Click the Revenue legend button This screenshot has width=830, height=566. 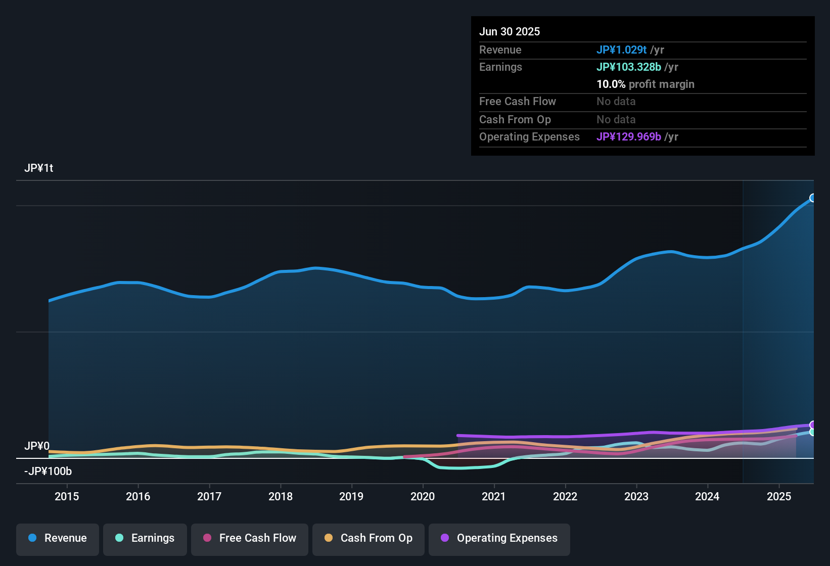58,538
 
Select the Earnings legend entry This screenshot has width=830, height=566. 145,538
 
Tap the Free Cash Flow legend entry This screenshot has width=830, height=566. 250,538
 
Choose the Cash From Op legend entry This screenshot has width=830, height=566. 368,538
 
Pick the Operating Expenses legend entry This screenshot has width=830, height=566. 499,538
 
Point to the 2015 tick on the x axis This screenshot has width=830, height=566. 67,496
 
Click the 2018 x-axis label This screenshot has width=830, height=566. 281,496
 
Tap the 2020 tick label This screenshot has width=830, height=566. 423,496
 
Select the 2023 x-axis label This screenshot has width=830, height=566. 636,496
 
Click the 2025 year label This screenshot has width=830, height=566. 779,496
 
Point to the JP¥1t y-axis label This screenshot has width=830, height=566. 39,168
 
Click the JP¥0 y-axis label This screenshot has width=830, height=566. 37,446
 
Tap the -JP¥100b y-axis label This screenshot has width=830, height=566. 48,471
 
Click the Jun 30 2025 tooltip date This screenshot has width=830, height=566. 510,32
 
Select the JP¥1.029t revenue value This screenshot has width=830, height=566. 621,50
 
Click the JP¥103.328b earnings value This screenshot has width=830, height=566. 628,67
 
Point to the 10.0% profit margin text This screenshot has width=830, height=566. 645,84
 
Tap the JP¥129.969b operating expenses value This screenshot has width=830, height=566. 628,137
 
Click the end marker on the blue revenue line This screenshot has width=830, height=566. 813,198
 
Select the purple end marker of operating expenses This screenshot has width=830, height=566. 813,425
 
